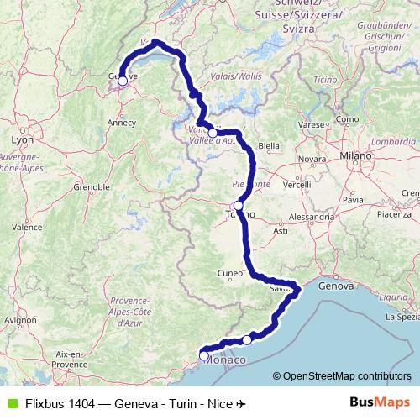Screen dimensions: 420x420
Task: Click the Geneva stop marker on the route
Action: (123, 81)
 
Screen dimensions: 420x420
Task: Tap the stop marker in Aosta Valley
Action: (213, 133)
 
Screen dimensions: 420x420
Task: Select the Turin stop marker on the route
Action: (239, 206)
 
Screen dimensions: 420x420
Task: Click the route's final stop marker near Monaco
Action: (204, 356)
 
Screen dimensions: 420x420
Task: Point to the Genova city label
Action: (336, 286)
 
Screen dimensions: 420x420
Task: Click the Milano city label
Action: (355, 156)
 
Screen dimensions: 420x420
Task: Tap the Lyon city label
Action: (21, 139)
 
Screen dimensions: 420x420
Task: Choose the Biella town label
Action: (268, 145)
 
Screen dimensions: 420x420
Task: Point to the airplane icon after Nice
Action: (242, 403)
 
